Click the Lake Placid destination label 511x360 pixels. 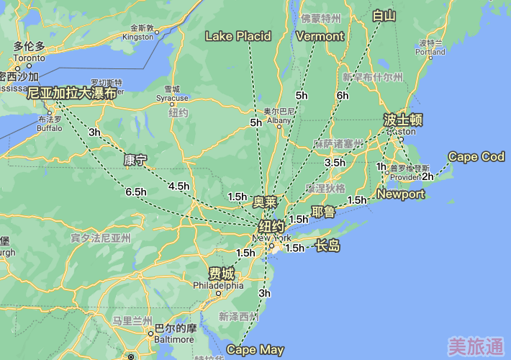click(x=238, y=36)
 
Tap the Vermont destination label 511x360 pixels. click(x=320, y=36)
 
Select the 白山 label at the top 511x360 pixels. click(x=384, y=15)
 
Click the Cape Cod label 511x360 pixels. click(x=476, y=156)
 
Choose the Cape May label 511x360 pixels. click(x=256, y=350)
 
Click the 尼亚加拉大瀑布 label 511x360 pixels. click(x=72, y=93)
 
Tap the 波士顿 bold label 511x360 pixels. click(x=403, y=120)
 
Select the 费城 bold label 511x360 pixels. click(x=221, y=274)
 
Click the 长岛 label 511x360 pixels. click(x=327, y=247)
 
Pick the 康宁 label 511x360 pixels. click(x=135, y=159)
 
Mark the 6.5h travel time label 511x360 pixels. click(x=136, y=192)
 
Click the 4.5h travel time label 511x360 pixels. click(x=178, y=186)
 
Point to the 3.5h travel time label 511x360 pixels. click(x=335, y=163)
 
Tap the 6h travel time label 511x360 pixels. click(x=342, y=95)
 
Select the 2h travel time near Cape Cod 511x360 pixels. click(x=428, y=176)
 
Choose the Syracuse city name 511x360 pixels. click(x=173, y=98)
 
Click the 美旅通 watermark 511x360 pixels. click(x=475, y=346)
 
